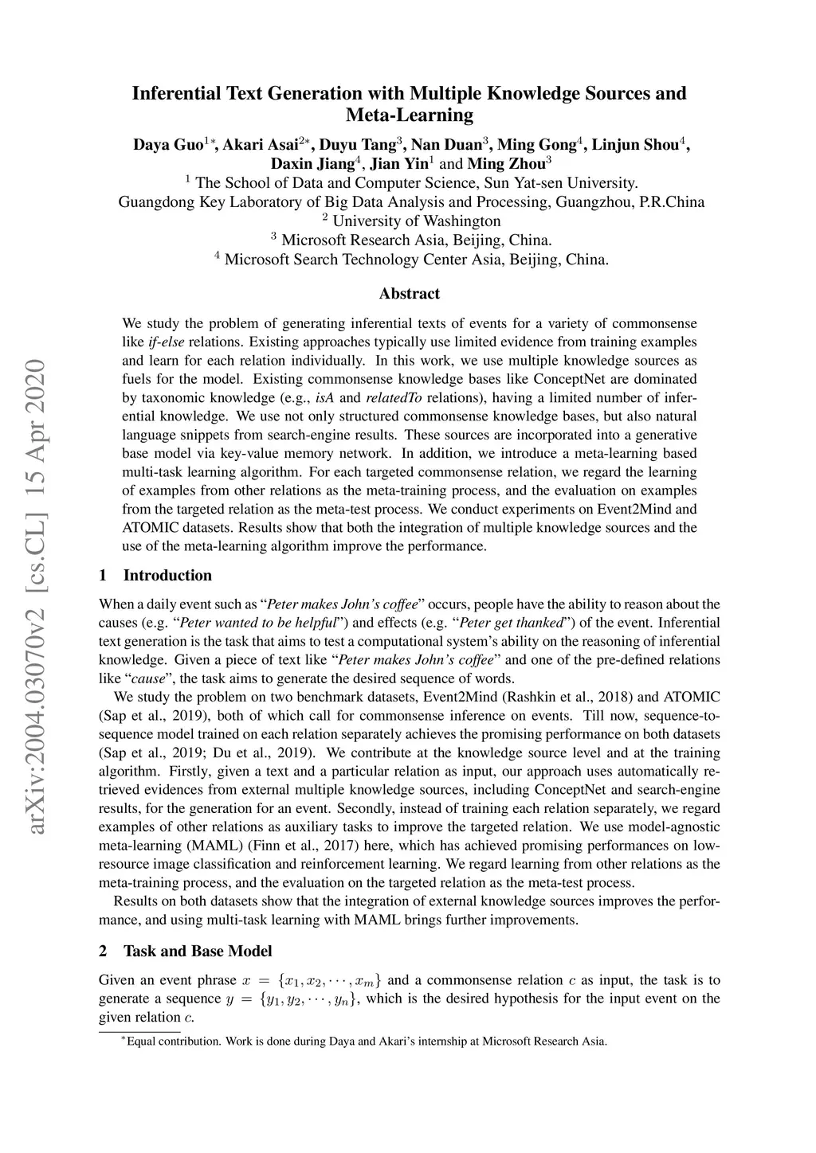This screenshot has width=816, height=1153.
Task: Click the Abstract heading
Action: (x=409, y=294)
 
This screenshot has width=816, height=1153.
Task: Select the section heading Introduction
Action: (x=167, y=576)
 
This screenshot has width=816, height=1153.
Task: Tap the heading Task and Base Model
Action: (x=198, y=951)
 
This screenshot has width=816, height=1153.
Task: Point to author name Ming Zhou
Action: (x=505, y=165)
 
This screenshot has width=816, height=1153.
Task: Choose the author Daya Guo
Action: (x=168, y=145)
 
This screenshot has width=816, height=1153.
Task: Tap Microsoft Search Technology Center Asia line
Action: (x=416, y=260)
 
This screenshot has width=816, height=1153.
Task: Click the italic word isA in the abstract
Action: (x=327, y=398)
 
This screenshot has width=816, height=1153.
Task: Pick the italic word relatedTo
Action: (x=394, y=398)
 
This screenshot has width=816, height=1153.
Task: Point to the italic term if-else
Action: (x=166, y=342)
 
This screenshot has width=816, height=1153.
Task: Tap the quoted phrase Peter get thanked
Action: (x=511, y=623)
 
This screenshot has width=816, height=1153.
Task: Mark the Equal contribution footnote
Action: (x=364, y=1041)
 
